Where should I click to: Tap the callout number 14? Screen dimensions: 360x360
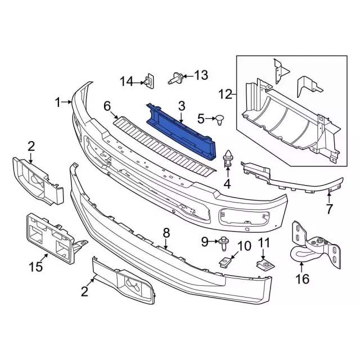(x=127, y=82)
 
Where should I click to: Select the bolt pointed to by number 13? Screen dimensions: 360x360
(x=175, y=78)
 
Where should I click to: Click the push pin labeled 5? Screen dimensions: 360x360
(x=220, y=120)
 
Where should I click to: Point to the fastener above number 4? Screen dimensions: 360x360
(x=227, y=158)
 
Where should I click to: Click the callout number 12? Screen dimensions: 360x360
(x=225, y=94)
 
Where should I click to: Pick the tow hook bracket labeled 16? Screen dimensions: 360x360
(x=316, y=245)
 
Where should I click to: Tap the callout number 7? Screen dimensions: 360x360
(x=330, y=209)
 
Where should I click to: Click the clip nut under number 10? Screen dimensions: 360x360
(x=225, y=262)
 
